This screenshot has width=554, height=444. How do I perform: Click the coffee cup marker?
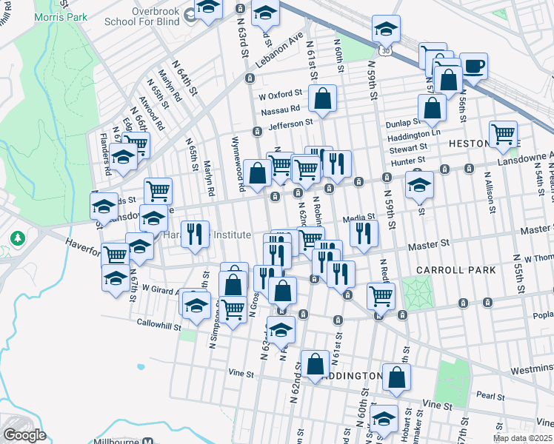tap(473, 66)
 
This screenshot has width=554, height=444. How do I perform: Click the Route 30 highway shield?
tap(387, 50)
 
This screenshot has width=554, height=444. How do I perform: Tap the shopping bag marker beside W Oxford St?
tap(323, 98)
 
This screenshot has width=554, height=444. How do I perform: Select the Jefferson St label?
tap(291, 124)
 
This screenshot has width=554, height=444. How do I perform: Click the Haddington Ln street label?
tap(416, 133)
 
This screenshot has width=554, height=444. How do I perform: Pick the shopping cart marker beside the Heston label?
tap(504, 134)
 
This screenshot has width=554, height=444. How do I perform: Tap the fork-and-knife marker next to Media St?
tap(364, 233)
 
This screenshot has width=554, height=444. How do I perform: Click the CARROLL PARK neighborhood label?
tap(466, 270)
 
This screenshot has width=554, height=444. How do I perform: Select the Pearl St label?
tap(490, 395)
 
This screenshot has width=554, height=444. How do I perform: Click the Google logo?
tap(24, 435)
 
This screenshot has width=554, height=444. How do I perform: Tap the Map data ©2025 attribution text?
tap(522, 439)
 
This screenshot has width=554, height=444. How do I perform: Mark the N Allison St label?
tap(490, 193)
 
